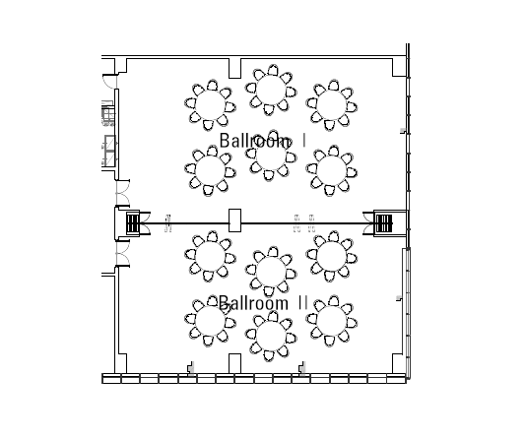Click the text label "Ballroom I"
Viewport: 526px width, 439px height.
pos(263,141)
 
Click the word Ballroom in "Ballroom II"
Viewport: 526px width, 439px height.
pos(253,303)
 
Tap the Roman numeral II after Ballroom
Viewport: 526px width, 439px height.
pos(302,303)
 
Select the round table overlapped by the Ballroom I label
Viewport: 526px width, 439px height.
pos(271,156)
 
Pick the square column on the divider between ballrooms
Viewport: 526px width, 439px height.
pos(234,220)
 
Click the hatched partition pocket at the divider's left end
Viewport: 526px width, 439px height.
pos(133,223)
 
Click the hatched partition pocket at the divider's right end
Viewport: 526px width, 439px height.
pos(383,223)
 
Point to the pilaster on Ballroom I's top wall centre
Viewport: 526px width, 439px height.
pos(234,68)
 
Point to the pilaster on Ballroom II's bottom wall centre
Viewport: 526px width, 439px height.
pos(234,363)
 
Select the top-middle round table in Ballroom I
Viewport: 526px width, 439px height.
pos(271,90)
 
